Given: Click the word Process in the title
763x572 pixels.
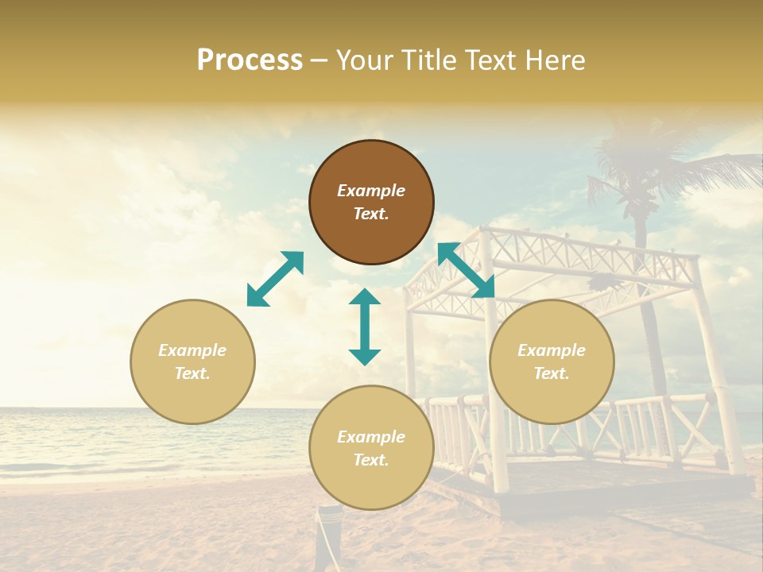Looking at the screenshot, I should [250, 60].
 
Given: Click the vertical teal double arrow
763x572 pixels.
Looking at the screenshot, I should [365, 327].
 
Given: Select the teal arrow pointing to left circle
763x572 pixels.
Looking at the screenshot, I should [275, 279].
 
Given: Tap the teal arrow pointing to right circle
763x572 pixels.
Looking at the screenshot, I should [466, 270].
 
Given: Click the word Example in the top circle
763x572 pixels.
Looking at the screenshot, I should [371, 191].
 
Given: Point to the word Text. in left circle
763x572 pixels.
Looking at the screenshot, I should [192, 373].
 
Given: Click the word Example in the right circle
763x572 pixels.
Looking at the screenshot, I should [552, 350].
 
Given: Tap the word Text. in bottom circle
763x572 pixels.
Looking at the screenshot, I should [371, 460].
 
